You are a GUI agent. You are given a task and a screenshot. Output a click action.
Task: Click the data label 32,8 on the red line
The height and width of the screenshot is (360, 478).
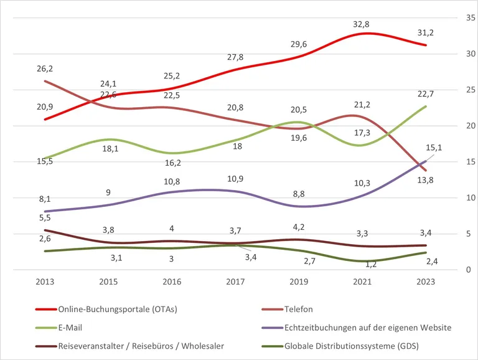[362, 24]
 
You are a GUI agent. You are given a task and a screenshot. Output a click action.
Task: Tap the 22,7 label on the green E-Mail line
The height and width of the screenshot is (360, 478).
[426, 95]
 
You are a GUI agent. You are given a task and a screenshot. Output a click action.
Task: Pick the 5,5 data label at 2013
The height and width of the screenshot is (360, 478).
[44, 218]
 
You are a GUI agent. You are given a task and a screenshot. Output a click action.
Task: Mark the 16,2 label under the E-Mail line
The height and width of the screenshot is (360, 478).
[171, 163]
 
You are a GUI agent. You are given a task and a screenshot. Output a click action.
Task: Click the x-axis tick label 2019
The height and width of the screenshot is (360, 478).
[299, 282]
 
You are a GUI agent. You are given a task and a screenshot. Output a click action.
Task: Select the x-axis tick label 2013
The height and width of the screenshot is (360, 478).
[44, 282]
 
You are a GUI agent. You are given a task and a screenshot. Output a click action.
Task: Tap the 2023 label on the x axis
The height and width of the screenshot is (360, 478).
[426, 282]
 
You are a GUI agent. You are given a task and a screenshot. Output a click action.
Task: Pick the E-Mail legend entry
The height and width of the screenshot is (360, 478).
[71, 327]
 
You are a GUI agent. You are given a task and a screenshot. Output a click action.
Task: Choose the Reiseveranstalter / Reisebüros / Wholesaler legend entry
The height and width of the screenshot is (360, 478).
[141, 345]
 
